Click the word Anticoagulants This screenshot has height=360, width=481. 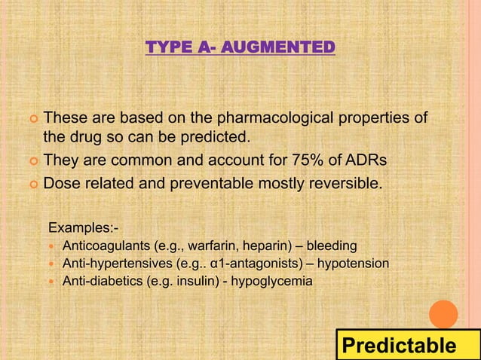106,246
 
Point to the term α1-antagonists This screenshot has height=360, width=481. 259,264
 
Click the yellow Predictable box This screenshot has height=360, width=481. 399,346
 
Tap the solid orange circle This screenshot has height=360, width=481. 443,314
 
